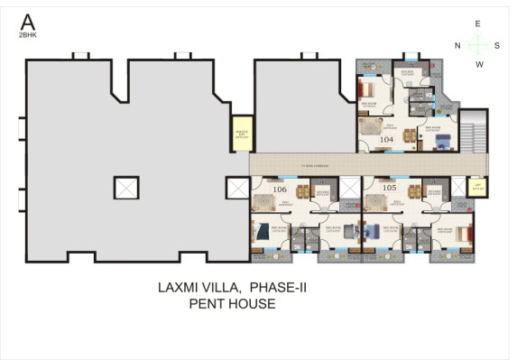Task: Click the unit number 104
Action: point(387,140)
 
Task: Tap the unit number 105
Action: point(390,188)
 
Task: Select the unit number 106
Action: point(279,189)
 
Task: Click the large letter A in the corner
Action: point(28,21)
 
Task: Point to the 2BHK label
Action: point(28,35)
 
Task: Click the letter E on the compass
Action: point(478,23)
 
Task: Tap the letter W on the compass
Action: point(479,64)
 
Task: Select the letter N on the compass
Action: point(457,44)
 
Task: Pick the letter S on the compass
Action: point(498,44)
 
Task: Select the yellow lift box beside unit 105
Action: point(478,187)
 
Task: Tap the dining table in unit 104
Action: point(411,136)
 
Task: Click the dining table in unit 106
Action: point(302,190)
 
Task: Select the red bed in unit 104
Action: point(369,90)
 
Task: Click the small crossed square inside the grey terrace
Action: point(126,188)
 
